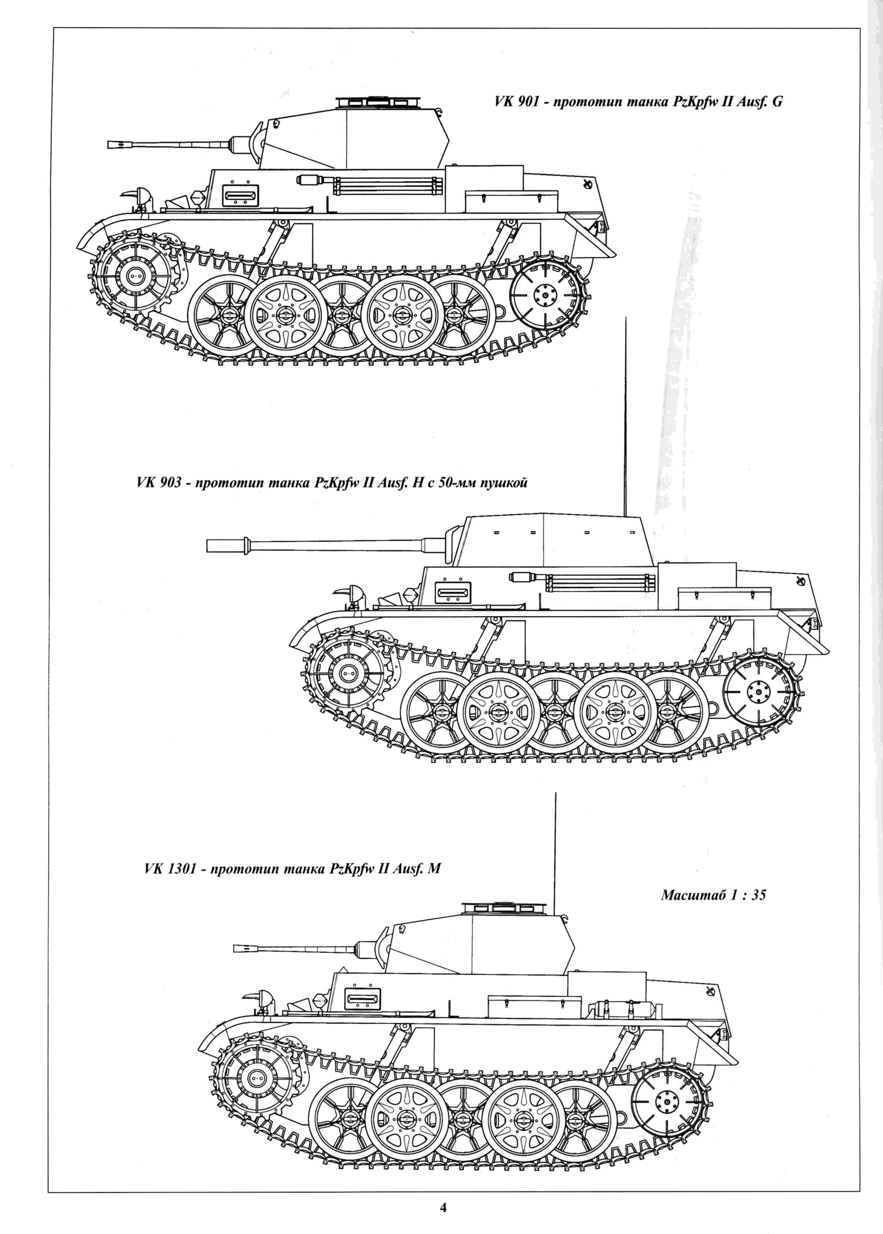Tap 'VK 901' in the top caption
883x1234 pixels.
tap(513, 102)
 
